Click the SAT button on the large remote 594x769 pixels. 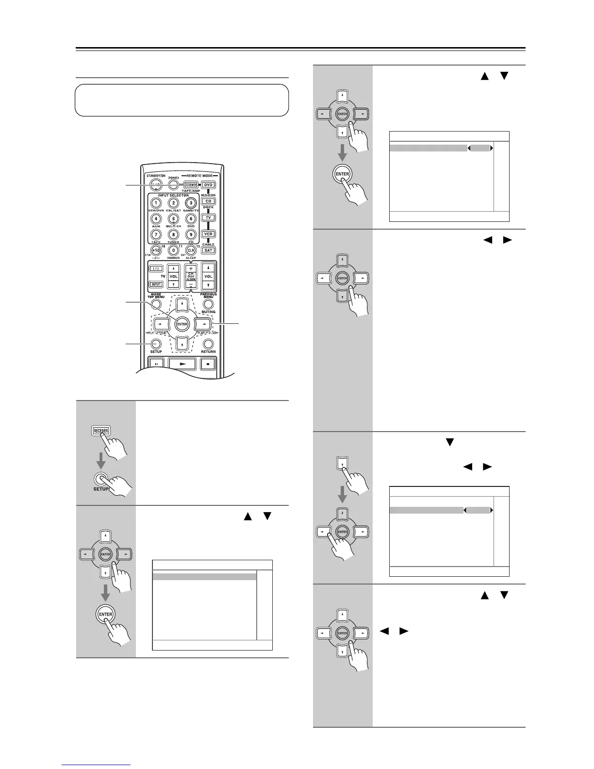pos(209,250)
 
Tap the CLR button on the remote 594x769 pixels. pos(191,251)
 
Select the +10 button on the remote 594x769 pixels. pos(156,251)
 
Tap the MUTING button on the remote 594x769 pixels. pos(209,304)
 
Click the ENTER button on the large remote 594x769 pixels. pos(182,324)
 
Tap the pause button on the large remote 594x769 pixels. pos(156,363)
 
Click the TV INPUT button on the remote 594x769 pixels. pos(156,284)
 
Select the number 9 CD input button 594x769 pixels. pos(191,235)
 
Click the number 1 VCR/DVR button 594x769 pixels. pos(156,203)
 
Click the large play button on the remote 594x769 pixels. pos(182,363)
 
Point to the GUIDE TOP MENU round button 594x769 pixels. pos(156,304)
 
